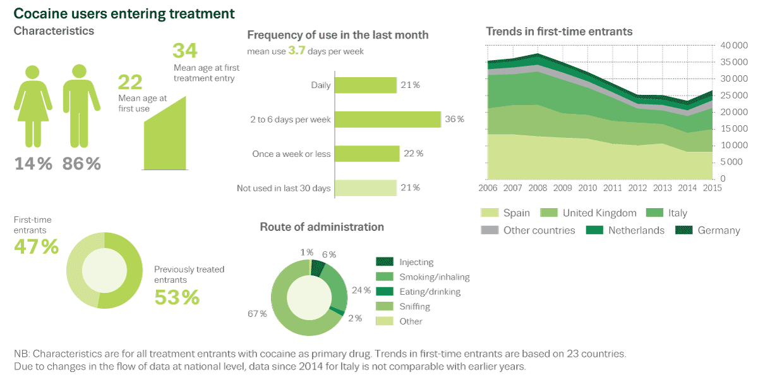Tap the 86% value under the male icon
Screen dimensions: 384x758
coord(81,164)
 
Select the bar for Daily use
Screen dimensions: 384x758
coord(365,85)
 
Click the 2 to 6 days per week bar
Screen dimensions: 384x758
coord(387,120)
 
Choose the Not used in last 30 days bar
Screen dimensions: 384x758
coord(365,188)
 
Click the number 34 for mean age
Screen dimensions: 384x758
coord(185,51)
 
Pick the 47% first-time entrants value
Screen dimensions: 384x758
coord(36,247)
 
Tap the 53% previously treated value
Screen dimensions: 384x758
coord(177,297)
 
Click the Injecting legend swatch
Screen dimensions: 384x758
coord(385,262)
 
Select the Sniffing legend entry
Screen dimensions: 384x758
coord(414,306)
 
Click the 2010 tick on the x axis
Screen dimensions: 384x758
coord(587,188)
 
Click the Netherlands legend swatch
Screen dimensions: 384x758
coord(594,230)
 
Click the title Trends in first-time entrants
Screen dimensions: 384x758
coord(559,31)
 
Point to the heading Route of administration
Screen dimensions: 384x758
coord(322,226)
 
